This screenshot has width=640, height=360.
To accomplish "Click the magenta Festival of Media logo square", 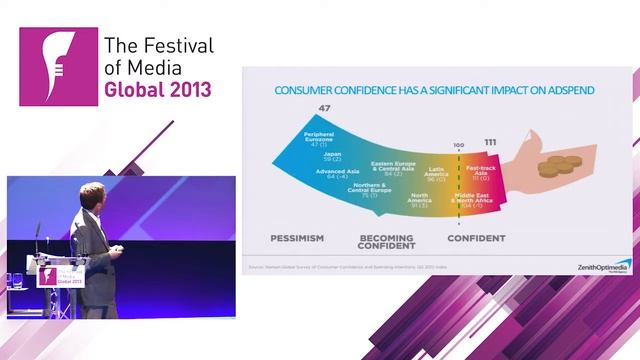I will click(x=59, y=67).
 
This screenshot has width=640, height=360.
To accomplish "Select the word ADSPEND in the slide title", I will click(x=566, y=90).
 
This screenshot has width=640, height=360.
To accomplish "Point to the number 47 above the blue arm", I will click(x=324, y=108).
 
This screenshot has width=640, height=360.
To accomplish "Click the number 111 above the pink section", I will click(x=491, y=143).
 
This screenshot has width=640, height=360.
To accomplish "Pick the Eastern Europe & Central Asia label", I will click(x=393, y=167).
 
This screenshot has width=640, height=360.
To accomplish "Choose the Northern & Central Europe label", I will click(x=369, y=192).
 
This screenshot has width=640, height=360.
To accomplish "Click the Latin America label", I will click(x=436, y=176).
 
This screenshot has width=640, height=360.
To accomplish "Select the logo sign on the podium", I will click(x=59, y=277).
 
